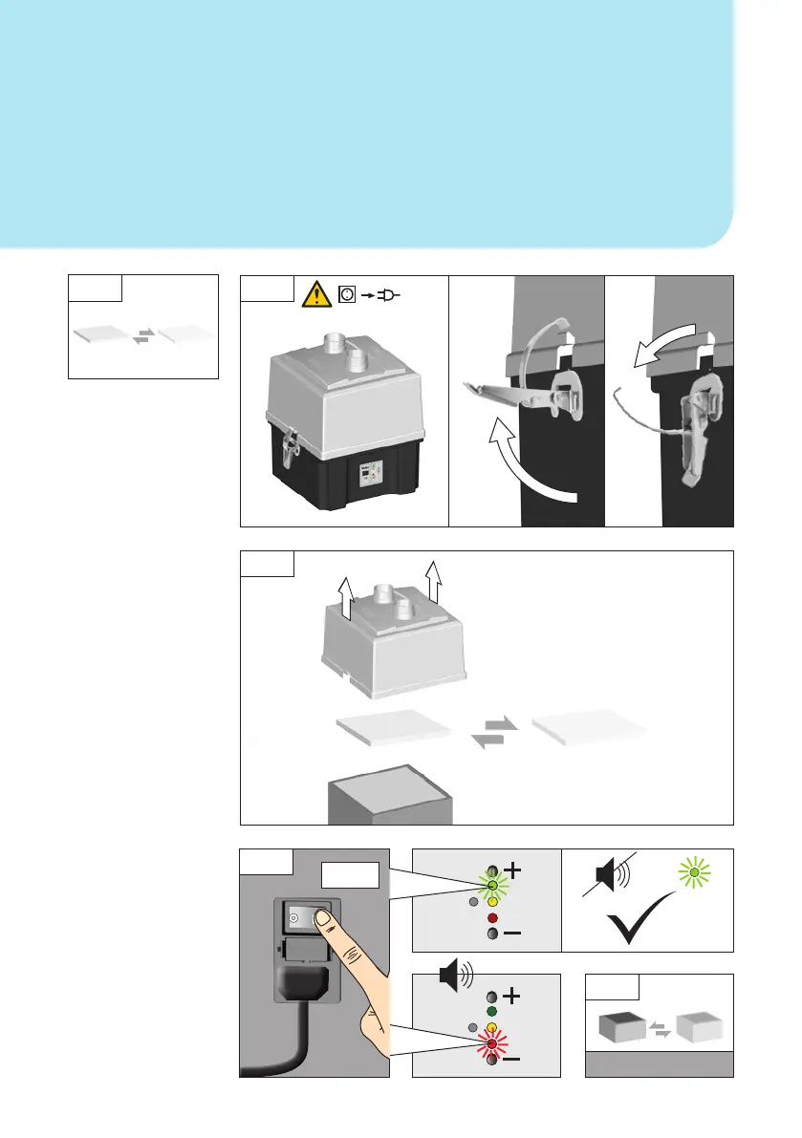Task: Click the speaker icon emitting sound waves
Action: point(452,976)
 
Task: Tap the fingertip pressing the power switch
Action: point(326,918)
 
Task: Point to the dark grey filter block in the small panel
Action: point(618,1027)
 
